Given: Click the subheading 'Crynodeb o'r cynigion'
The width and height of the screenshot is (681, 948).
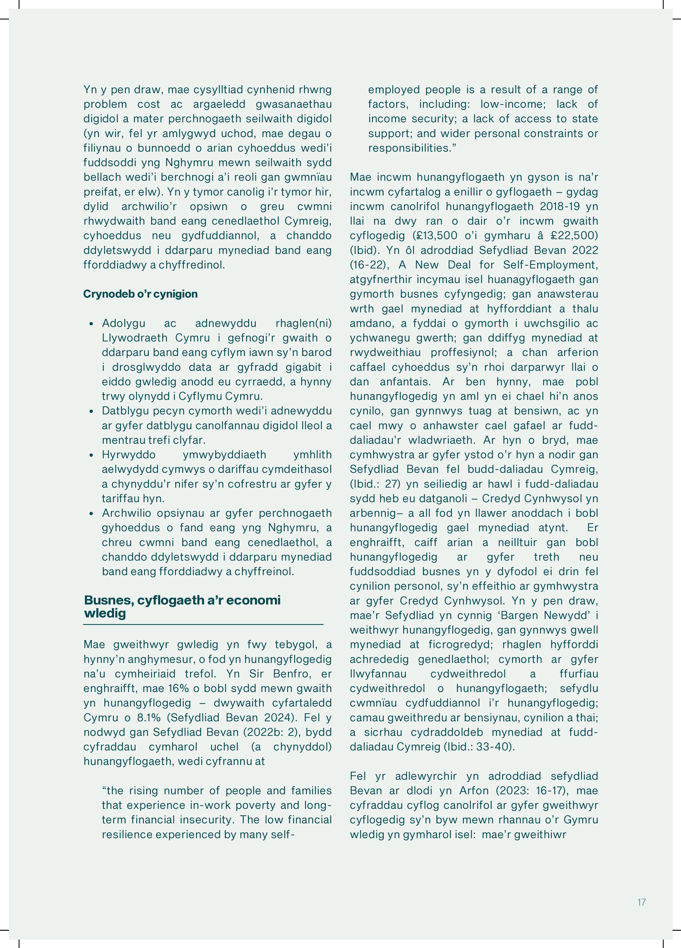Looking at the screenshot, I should click(140, 294).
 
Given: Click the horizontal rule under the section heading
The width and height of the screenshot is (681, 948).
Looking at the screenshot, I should click(203, 624).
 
